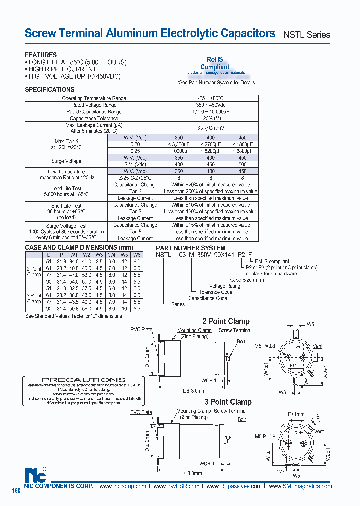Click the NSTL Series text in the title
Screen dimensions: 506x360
pyautogui.click(x=307, y=35)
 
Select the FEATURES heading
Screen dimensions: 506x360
pyautogui.click(x=41, y=55)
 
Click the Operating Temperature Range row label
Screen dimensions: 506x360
pyautogui.click(x=94, y=98)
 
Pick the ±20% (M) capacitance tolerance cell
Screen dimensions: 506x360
pyautogui.click(x=210, y=119)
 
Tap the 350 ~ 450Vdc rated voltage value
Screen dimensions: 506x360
pyautogui.click(x=210, y=105)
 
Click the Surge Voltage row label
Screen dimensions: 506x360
pyautogui.click(x=66, y=161)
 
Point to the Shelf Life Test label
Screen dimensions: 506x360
pyautogui.click(x=66, y=206)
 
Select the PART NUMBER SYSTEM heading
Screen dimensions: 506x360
pyautogui.click(x=190, y=248)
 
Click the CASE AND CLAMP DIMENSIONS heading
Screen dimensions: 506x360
pyautogui.click(x=79, y=248)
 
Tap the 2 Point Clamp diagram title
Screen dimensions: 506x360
pyautogui.click(x=226, y=321)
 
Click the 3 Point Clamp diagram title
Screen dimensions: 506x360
pyautogui.click(x=228, y=402)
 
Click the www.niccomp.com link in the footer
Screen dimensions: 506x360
pyautogui.click(x=123, y=486)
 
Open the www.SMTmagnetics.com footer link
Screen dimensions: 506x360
pyautogui.click(x=300, y=486)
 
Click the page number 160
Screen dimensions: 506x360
pyautogui.click(x=16, y=491)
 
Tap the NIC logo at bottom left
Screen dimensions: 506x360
pyautogui.click(x=34, y=475)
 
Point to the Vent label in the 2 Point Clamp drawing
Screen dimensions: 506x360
pyautogui.click(x=318, y=346)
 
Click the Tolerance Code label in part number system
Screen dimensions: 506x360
pyautogui.click(x=215, y=292)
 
